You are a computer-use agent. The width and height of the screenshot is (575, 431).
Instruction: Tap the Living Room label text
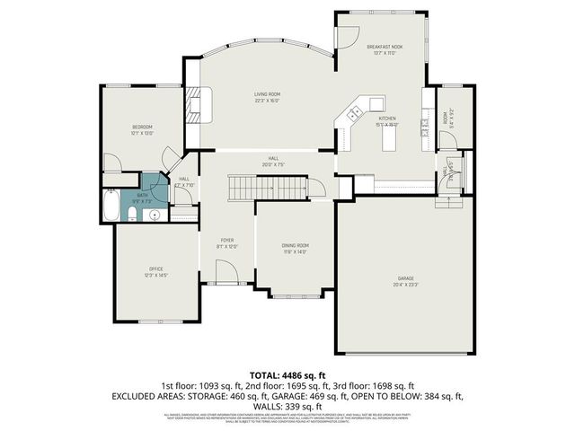[x=268, y=93]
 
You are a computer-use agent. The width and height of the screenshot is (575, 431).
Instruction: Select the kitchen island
[x=389, y=137]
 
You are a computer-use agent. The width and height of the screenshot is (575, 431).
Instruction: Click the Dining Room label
[x=296, y=245]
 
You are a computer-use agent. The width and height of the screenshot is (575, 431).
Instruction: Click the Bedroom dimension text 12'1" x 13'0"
[x=142, y=134]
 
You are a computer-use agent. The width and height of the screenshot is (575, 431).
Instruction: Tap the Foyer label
[x=227, y=241]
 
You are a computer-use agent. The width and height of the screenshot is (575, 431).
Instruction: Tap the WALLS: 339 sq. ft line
[x=287, y=407]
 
